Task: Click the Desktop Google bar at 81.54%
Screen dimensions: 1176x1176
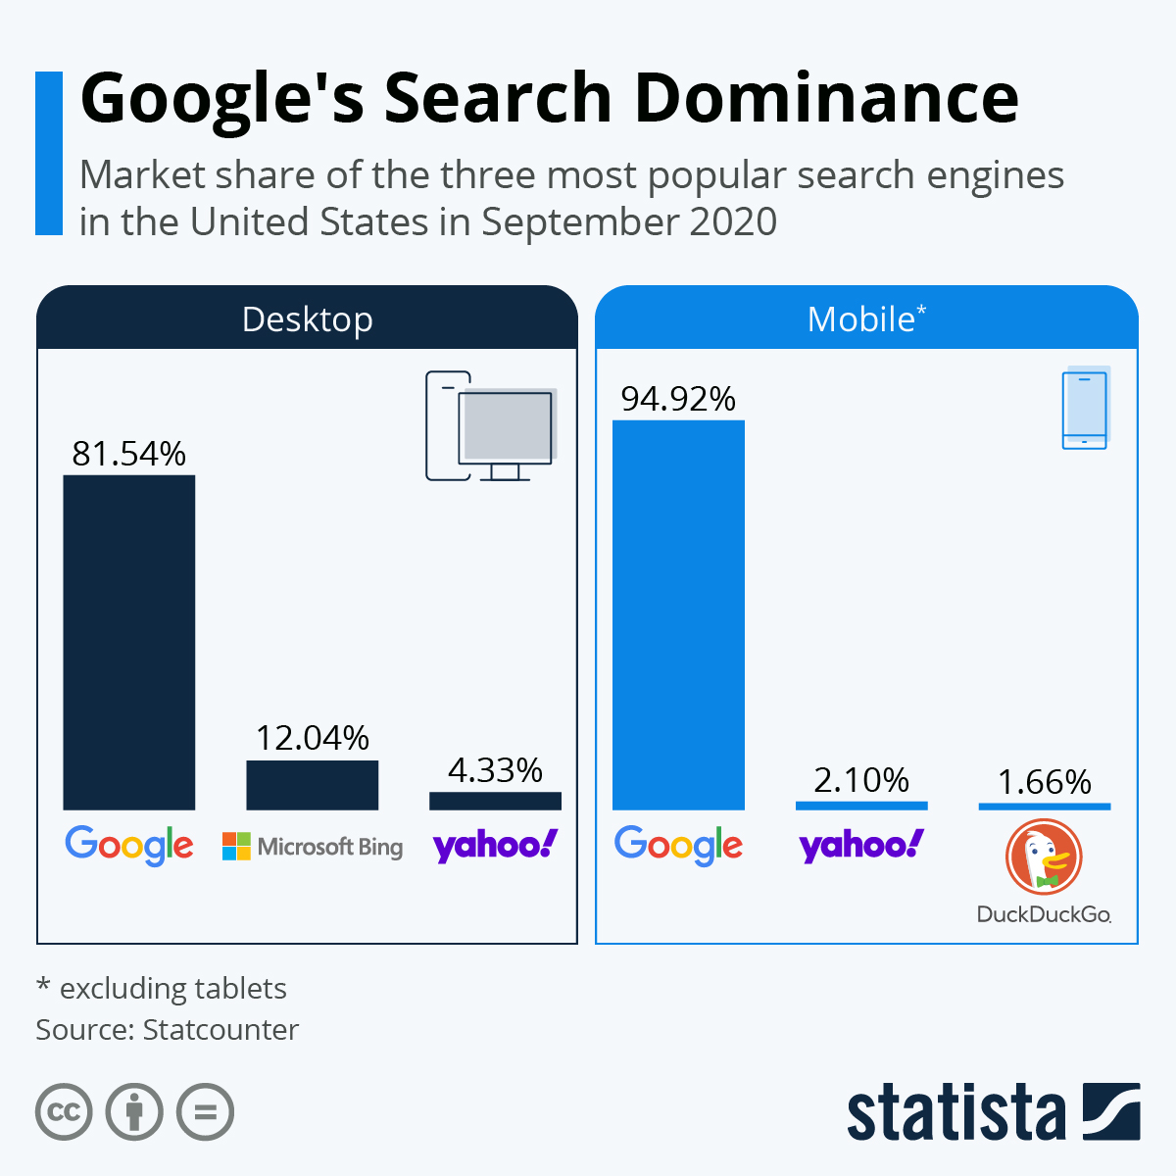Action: pos(128,642)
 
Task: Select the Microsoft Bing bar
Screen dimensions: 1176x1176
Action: pos(312,785)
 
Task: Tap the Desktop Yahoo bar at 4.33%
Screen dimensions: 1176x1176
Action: pos(495,801)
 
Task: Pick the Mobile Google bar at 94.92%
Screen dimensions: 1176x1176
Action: pos(678,614)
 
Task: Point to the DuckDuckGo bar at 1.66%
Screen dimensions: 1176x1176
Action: pos(1044,807)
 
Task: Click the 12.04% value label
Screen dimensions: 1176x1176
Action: pos(312,738)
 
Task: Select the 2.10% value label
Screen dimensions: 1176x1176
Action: pos(861,780)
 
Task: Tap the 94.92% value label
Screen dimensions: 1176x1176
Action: pos(678,399)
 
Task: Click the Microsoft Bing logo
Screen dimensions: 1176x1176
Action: pos(312,846)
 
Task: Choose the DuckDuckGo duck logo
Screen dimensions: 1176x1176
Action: pos(1044,857)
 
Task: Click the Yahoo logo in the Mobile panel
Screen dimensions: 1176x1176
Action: pos(861,845)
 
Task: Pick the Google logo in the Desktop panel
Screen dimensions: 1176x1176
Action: pos(128,845)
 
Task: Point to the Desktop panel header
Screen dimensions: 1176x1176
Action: pos(307,319)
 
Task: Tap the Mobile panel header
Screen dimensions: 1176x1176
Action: pos(866,319)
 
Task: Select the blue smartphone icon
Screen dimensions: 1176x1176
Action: pos(1085,409)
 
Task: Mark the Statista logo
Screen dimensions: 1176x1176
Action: pos(993,1112)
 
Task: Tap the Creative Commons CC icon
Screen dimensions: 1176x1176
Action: pos(64,1112)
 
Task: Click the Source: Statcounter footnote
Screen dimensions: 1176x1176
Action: pos(167,1030)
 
